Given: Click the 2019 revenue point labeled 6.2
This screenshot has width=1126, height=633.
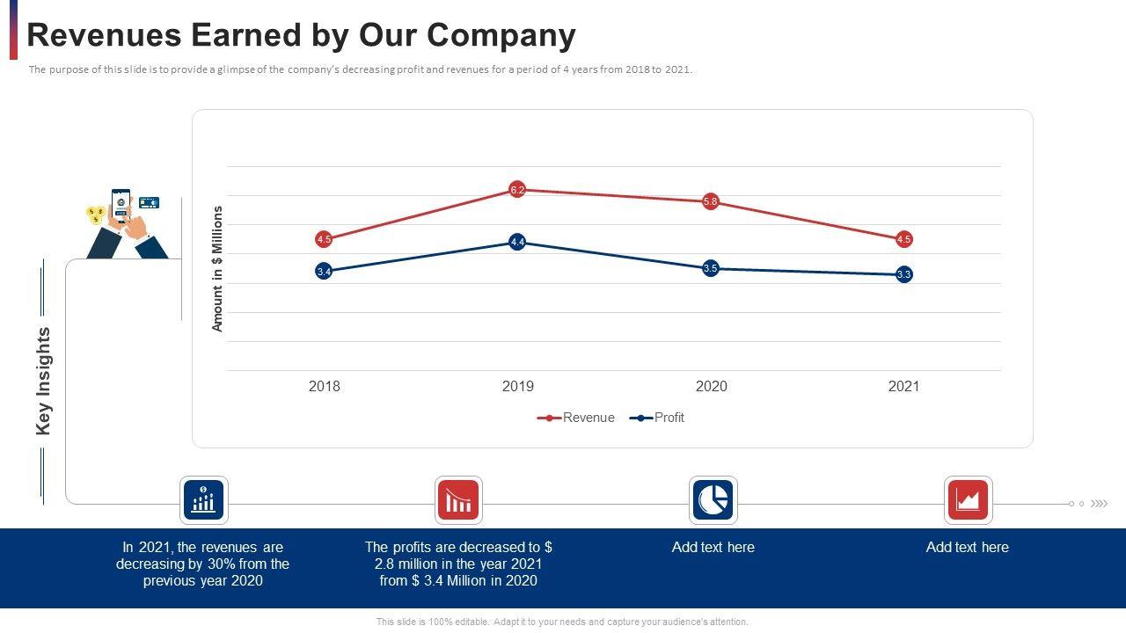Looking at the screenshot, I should tap(517, 190).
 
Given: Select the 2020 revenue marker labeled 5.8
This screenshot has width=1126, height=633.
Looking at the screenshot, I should tap(711, 202).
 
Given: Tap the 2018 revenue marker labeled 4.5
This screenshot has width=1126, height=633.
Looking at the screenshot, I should tap(324, 239).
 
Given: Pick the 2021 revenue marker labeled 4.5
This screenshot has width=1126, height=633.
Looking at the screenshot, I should tap(904, 239).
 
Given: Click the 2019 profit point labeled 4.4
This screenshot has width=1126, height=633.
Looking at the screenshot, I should tap(517, 242).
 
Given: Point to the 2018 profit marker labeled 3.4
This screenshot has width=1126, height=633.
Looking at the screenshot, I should tap(324, 272).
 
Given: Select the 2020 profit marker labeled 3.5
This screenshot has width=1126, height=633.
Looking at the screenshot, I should tap(711, 268).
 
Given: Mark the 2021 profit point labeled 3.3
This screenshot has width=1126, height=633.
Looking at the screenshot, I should tap(904, 274).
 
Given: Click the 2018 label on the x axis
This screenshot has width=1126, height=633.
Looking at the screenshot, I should tap(324, 386).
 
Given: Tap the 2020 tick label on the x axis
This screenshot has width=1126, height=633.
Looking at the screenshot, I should tap(711, 386).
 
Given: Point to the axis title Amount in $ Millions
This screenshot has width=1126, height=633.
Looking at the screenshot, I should tap(218, 268).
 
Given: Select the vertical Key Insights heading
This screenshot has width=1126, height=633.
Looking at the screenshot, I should tap(44, 381).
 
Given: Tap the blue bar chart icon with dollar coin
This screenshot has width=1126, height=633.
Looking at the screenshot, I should tap(204, 500).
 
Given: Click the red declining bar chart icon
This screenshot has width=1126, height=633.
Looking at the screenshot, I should tap(458, 500).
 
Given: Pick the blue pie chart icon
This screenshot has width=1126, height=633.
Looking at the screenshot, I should tap(713, 500).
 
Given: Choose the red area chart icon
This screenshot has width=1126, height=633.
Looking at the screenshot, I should tap(968, 500).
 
